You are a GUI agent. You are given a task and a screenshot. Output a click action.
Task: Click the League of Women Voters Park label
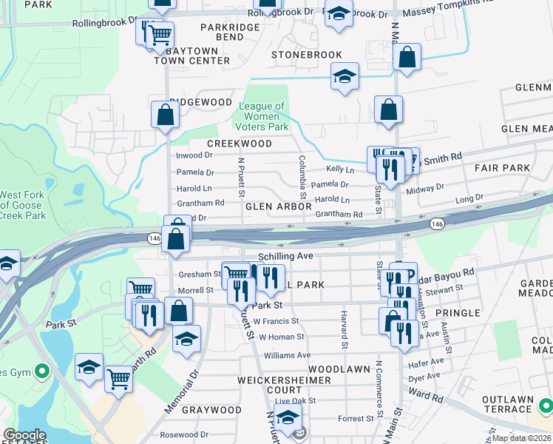click(x=262, y=117)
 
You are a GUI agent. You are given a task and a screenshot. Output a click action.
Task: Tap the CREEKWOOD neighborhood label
click(x=240, y=144)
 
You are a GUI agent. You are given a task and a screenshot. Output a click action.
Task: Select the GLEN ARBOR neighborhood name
click(x=274, y=206)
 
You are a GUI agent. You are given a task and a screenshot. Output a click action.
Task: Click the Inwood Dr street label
click(x=194, y=155)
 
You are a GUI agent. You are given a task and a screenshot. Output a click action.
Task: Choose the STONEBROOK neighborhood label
click(x=307, y=55)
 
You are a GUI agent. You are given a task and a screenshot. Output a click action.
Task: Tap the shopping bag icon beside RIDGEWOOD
click(x=165, y=115)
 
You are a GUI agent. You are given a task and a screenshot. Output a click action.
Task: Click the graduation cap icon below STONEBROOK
click(x=345, y=78)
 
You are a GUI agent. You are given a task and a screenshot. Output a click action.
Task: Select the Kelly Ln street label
click(x=341, y=169)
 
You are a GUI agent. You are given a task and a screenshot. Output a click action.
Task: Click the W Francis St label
click(x=276, y=321)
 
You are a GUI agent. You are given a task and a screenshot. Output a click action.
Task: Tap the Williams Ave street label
click(x=288, y=355)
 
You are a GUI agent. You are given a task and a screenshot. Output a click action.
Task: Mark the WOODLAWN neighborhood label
click(x=339, y=369)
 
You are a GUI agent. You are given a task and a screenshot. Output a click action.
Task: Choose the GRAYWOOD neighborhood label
click(x=211, y=410)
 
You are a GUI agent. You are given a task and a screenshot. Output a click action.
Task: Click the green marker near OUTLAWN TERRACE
click(x=546, y=406)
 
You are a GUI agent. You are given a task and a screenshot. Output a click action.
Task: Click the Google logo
click(x=24, y=435)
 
